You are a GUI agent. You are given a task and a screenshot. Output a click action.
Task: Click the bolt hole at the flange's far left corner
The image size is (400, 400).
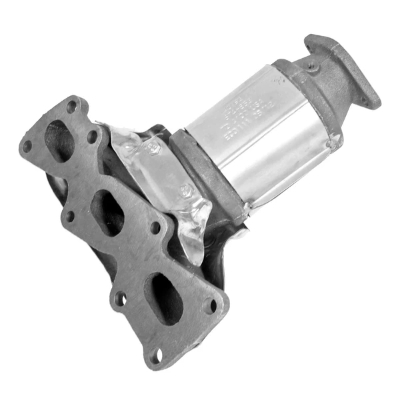[x=27, y=146]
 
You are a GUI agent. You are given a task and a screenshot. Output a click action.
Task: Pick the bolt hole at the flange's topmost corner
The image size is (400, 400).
[x=72, y=105]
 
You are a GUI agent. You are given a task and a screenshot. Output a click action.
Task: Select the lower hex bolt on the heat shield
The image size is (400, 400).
[x=189, y=191]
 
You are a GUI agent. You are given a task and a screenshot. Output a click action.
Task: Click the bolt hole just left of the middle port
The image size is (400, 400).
[x=69, y=215]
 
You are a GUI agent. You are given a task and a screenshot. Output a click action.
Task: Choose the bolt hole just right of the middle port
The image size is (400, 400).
[x=155, y=228]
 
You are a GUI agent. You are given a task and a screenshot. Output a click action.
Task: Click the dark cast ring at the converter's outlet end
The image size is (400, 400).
[x=313, y=100]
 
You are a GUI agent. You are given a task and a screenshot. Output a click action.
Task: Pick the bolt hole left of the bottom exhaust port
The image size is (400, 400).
[x=120, y=298]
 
